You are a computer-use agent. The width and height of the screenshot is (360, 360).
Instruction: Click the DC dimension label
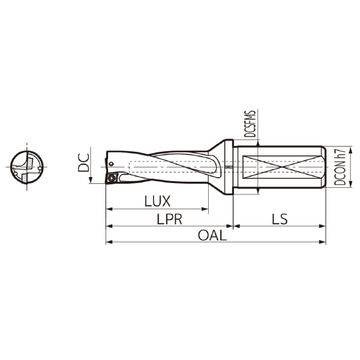85,162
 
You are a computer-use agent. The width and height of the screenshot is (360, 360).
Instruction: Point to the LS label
279,220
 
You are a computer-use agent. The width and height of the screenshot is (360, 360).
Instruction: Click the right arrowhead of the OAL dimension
323,242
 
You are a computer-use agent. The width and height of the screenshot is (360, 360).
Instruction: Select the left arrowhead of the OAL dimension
109,242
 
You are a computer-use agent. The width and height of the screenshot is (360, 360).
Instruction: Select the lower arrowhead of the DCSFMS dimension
259,191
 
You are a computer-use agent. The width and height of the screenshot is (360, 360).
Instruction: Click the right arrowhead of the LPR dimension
230,227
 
